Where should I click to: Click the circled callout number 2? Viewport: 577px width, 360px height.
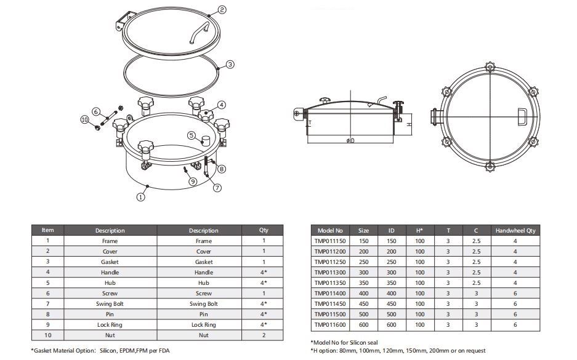point(222,10)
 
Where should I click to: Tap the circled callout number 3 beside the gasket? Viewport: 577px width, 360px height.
point(230,65)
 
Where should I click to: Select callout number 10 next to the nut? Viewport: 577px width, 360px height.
point(84,119)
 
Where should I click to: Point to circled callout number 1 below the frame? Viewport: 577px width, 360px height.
point(140,197)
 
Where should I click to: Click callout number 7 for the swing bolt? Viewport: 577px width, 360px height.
point(217,188)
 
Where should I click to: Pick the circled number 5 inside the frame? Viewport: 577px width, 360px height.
point(191,135)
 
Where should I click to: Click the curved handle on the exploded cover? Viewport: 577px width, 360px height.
point(199,32)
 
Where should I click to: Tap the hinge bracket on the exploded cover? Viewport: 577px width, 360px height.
point(124,22)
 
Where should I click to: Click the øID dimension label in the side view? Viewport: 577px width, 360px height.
point(350,140)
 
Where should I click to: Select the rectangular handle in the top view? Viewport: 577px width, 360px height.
point(522,116)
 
